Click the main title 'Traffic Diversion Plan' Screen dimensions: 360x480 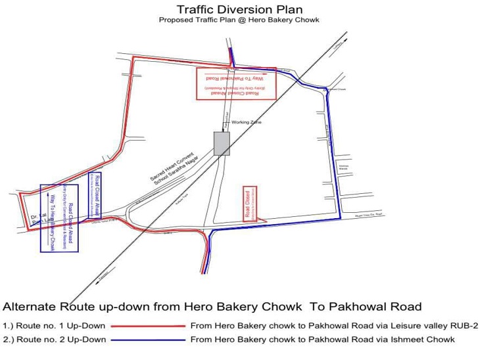tap(239, 9)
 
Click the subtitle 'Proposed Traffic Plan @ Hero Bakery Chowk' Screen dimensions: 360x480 tap(239, 20)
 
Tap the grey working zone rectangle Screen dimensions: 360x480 tap(222, 144)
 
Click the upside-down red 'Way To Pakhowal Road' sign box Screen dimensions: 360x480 tap(236, 83)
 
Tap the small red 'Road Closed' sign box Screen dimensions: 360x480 tap(250, 204)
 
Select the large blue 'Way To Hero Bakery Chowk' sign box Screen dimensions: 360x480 tap(59, 218)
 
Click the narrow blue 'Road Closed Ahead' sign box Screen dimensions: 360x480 tap(95, 195)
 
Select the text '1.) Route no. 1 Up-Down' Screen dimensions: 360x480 tap(55, 325)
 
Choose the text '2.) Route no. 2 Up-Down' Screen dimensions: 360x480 tap(55, 340)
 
